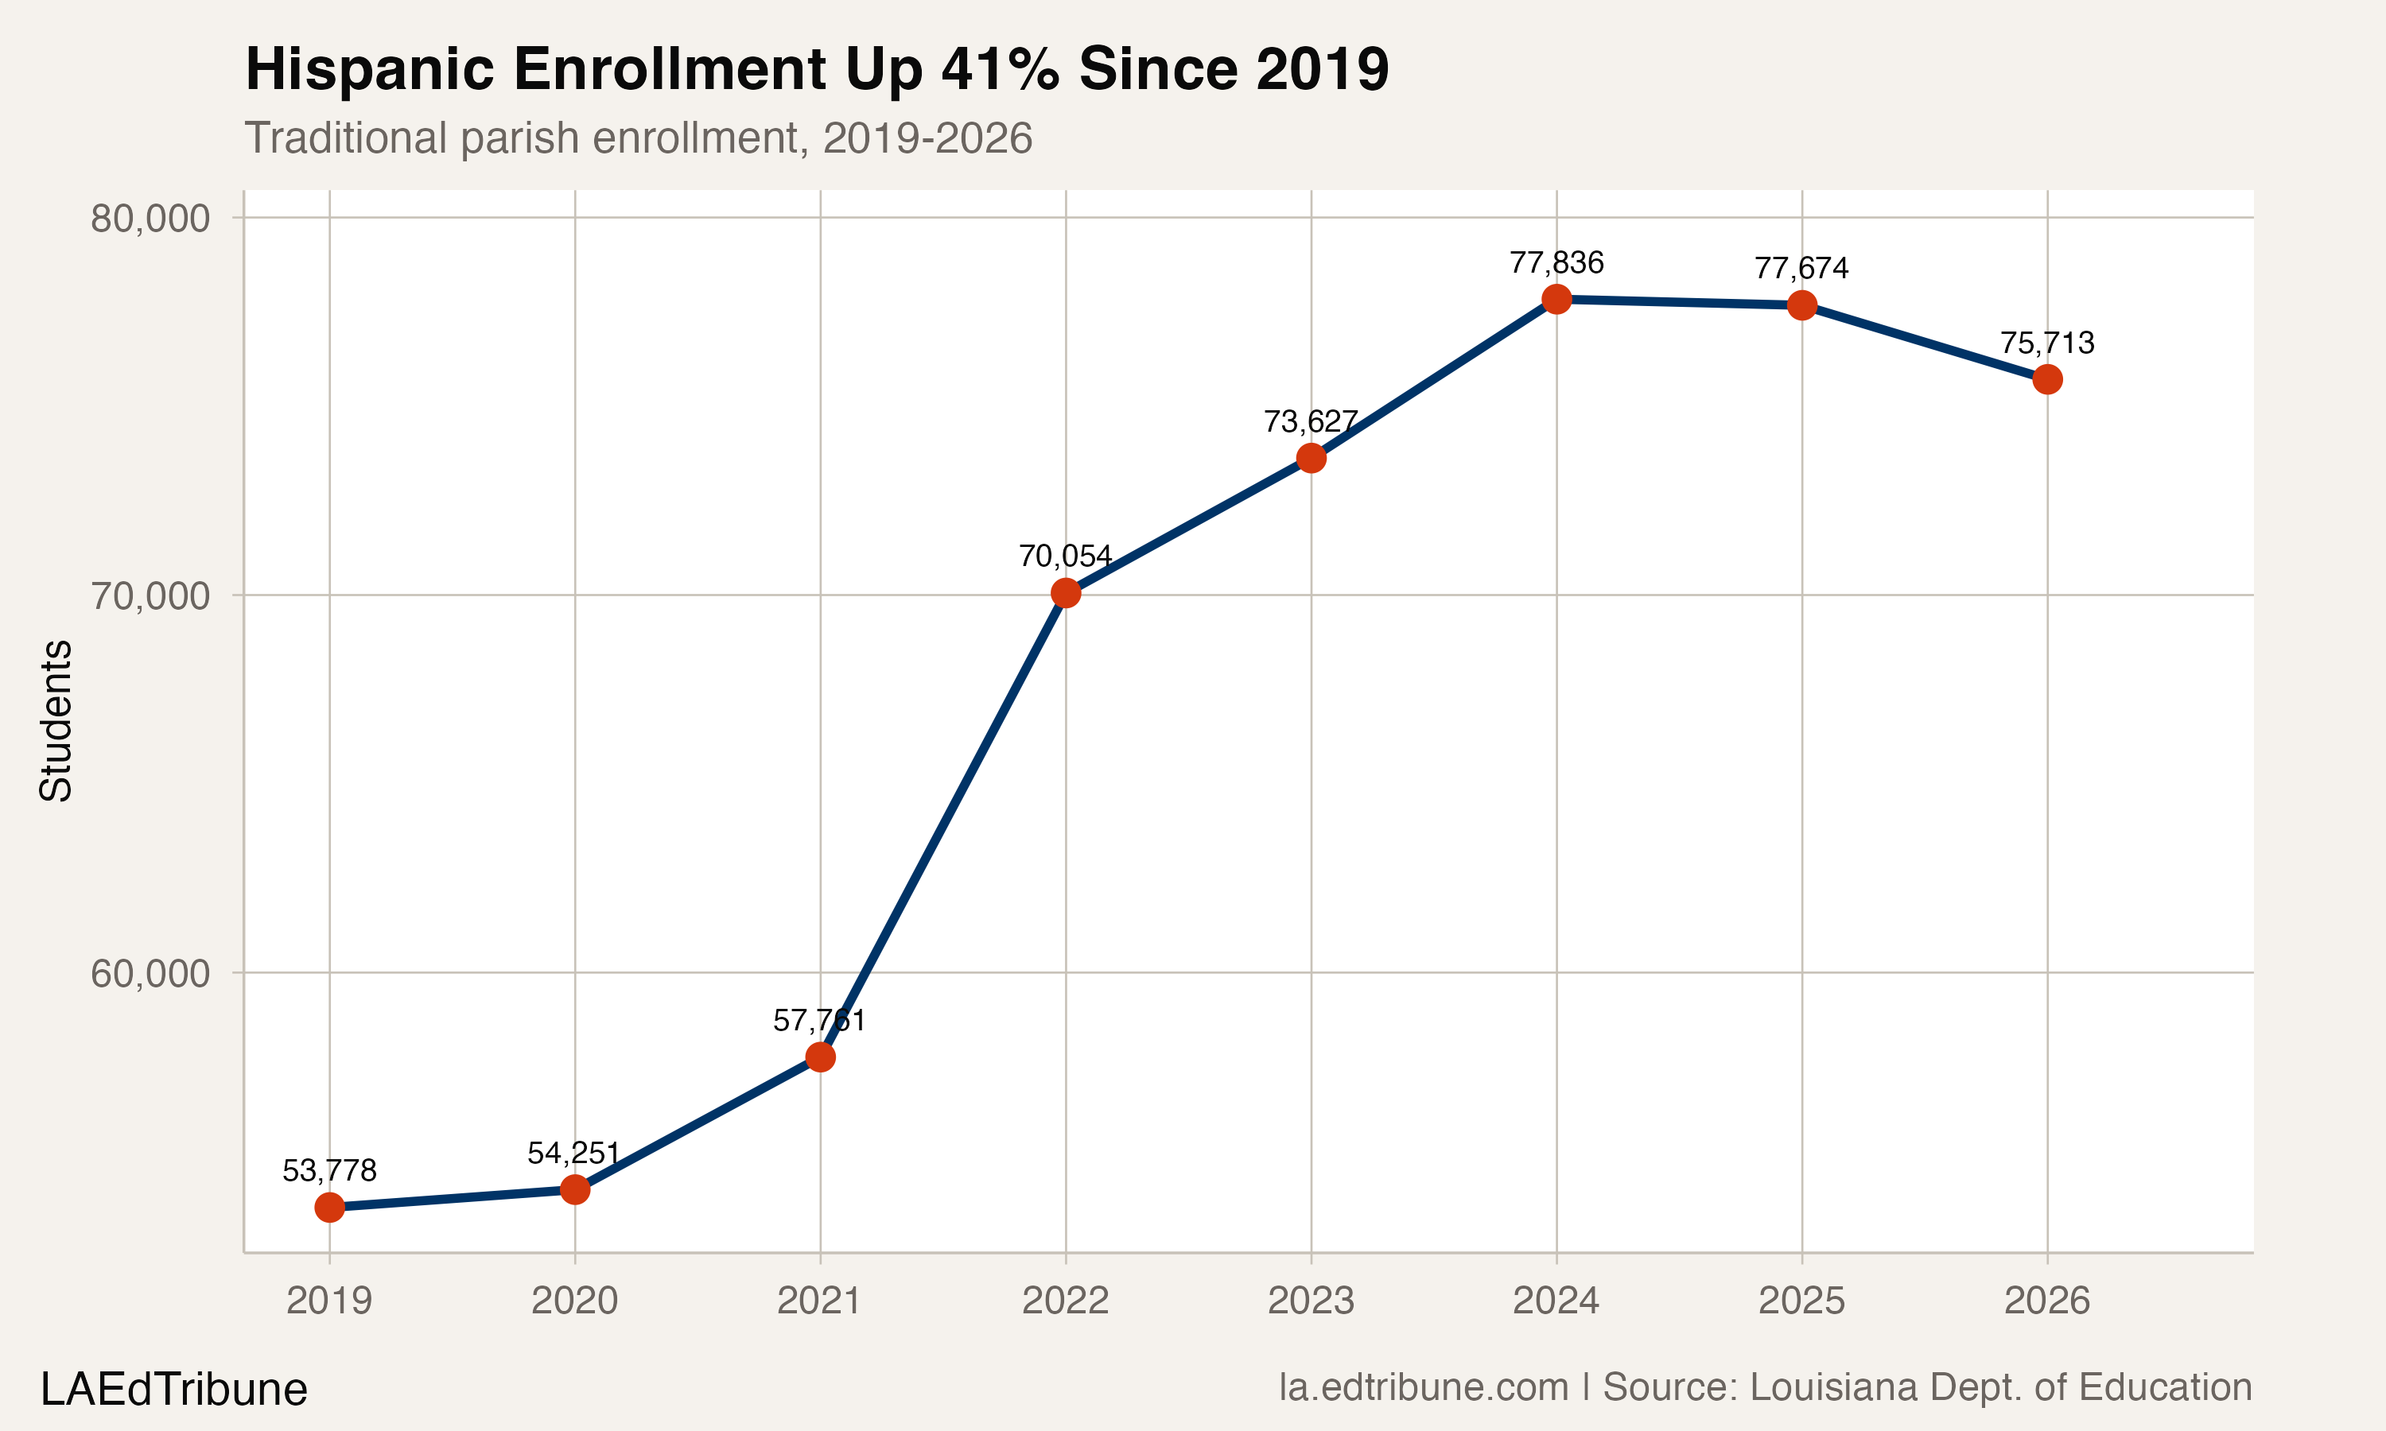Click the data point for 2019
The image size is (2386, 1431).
[330, 1208]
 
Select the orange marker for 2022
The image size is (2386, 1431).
[1066, 593]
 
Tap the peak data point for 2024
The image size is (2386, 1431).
[1556, 299]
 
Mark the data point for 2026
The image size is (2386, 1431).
[2047, 379]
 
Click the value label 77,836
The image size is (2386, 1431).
[1556, 262]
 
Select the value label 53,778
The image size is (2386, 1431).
[330, 1171]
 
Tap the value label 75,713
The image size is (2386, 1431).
[2047, 343]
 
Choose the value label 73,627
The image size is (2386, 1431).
[1311, 421]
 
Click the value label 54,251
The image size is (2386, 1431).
[574, 1154]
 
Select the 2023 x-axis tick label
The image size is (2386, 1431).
[1311, 1301]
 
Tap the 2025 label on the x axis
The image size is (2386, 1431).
[1801, 1301]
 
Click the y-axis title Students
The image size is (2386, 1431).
[56, 720]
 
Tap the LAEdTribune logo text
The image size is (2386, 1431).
[173, 1390]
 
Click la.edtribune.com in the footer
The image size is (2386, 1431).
[1424, 1387]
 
